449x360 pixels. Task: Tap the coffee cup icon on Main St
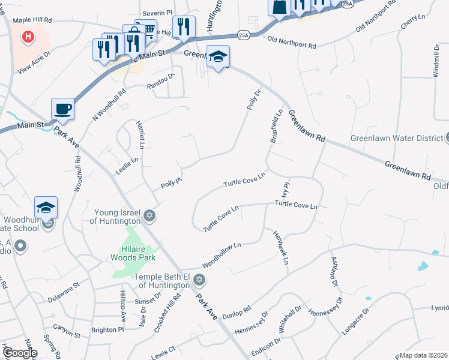(x=62, y=109)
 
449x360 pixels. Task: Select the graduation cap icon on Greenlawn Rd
(x=218, y=56)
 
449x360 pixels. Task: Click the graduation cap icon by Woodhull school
(x=46, y=208)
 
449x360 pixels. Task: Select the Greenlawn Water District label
(x=397, y=138)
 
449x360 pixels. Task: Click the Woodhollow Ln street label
(x=221, y=255)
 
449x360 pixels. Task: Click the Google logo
(x=19, y=353)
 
